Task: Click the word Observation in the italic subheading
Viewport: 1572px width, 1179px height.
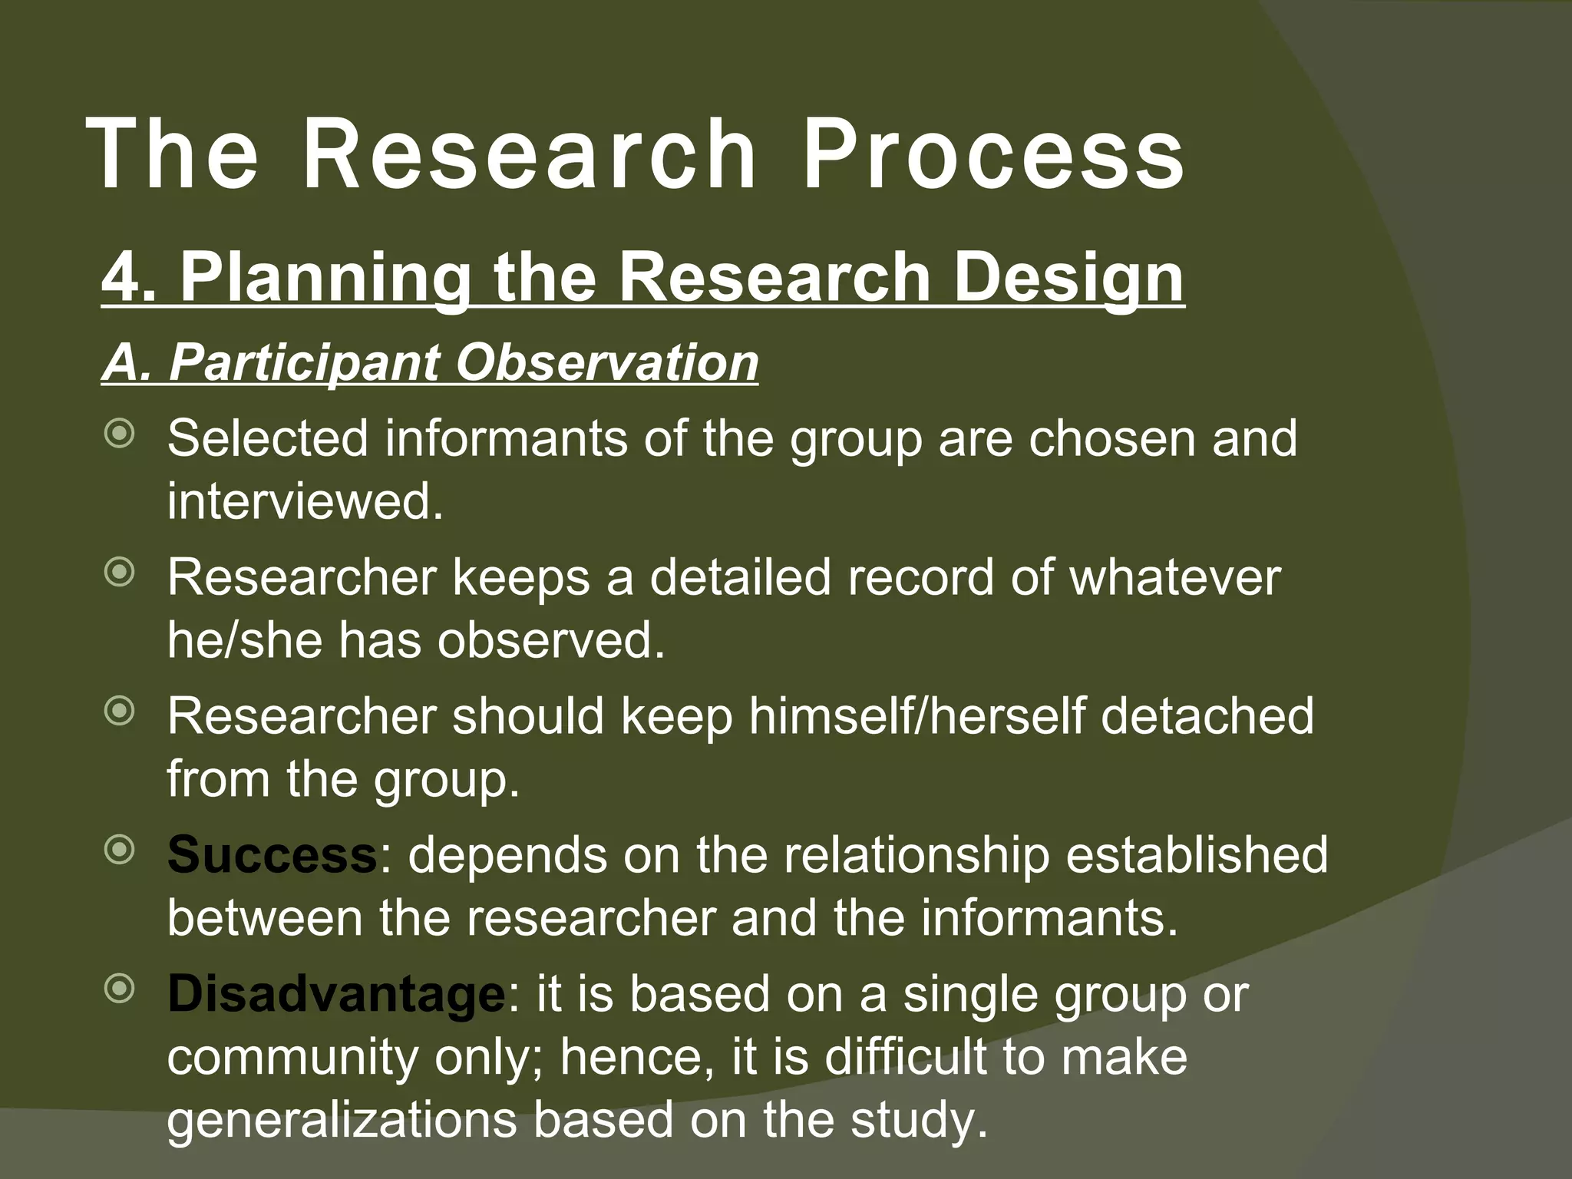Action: [606, 362]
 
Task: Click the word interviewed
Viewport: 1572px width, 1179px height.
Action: [305, 501]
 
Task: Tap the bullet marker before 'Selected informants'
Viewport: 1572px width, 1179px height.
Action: [120, 434]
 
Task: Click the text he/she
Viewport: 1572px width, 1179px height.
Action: [245, 640]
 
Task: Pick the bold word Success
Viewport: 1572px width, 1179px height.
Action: [272, 855]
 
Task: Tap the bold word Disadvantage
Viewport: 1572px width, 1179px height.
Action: [335, 994]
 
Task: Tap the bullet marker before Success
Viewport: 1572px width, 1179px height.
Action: [120, 850]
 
